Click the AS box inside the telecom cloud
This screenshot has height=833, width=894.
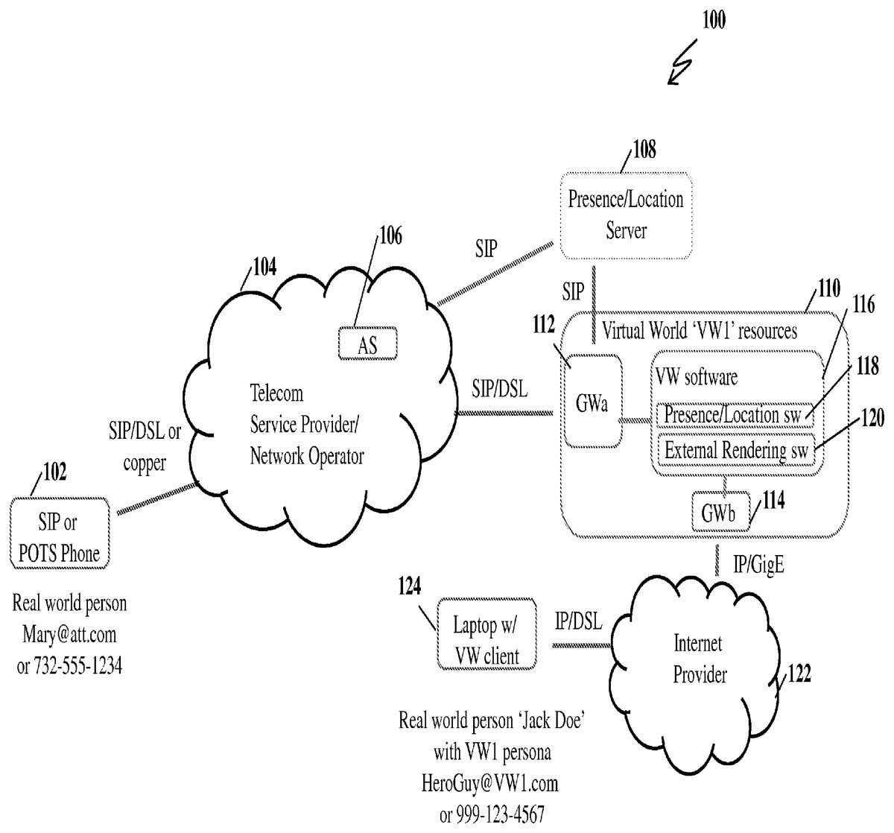pos(367,344)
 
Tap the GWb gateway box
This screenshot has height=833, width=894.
pos(719,512)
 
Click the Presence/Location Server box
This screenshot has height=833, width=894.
pos(625,215)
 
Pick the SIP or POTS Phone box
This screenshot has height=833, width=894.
pos(60,539)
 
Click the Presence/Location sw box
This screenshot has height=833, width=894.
pos(733,415)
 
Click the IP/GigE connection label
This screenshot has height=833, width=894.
pos(758,566)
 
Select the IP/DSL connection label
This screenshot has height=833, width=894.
pos(579,621)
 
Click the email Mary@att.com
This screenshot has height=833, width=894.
pos(70,635)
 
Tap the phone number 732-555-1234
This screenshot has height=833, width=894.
pos(69,665)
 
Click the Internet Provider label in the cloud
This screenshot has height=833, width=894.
pos(700,659)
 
